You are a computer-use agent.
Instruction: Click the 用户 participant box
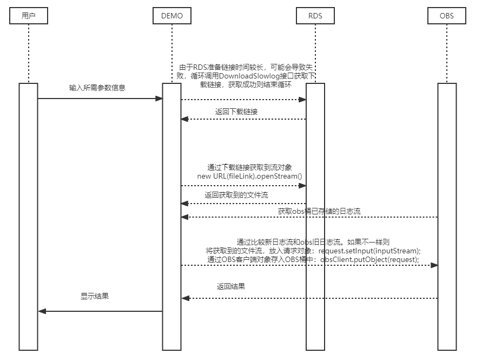coord(29,16)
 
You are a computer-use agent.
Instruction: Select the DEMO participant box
coord(172,16)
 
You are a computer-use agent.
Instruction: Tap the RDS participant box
coord(315,16)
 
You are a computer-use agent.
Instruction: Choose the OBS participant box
coord(447,16)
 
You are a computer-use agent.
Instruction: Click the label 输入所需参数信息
coord(97,87)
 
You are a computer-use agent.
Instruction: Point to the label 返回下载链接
coord(236,112)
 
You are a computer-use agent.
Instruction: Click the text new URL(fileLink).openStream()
coord(249,176)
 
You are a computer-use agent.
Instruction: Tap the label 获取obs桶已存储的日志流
coord(319,211)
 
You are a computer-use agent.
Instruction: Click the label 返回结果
coord(231,286)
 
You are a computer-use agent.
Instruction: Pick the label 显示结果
coord(95,296)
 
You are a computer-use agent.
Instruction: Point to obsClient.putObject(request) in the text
coord(370,259)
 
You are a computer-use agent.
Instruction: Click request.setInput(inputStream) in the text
coord(369,251)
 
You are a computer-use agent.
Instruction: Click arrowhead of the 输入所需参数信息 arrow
coord(160,99)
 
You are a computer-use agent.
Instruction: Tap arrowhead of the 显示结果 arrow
coord(42,311)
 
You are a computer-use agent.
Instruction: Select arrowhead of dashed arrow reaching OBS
coord(434,265)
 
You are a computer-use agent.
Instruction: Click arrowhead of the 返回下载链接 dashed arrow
coord(184,119)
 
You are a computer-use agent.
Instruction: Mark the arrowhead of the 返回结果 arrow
coord(184,298)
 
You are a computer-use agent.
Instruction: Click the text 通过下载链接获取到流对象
coord(250,167)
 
